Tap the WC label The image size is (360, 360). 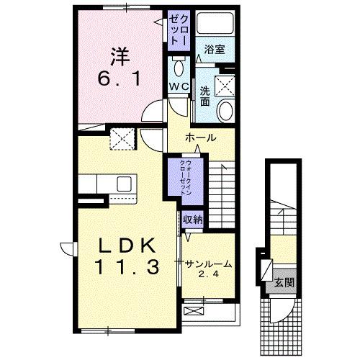(179, 86)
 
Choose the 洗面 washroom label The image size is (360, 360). (205, 96)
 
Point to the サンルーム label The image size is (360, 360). (207, 264)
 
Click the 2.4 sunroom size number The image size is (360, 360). (207, 274)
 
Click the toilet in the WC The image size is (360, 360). (179, 69)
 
